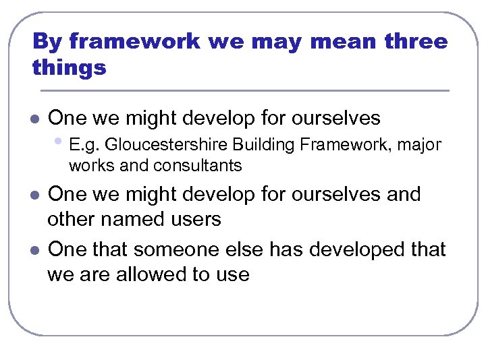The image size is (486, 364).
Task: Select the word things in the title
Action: pyautogui.click(x=69, y=68)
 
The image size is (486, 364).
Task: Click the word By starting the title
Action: pyautogui.click(x=47, y=42)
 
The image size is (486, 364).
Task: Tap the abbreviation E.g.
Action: pyautogui.click(x=84, y=145)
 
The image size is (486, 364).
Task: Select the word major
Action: pyautogui.click(x=423, y=145)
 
